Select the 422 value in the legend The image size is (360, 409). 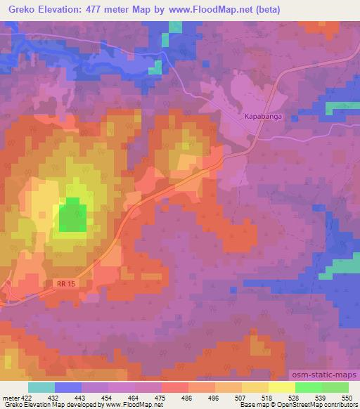pyautogui.click(x=27, y=398)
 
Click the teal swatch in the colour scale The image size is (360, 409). pyautogui.click(x=41, y=387)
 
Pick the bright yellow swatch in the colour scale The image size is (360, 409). pyautogui.click(x=281, y=387)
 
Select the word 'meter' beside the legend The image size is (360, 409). pyautogui.click(x=9, y=398)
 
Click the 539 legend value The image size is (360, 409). pyautogui.click(x=321, y=398)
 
